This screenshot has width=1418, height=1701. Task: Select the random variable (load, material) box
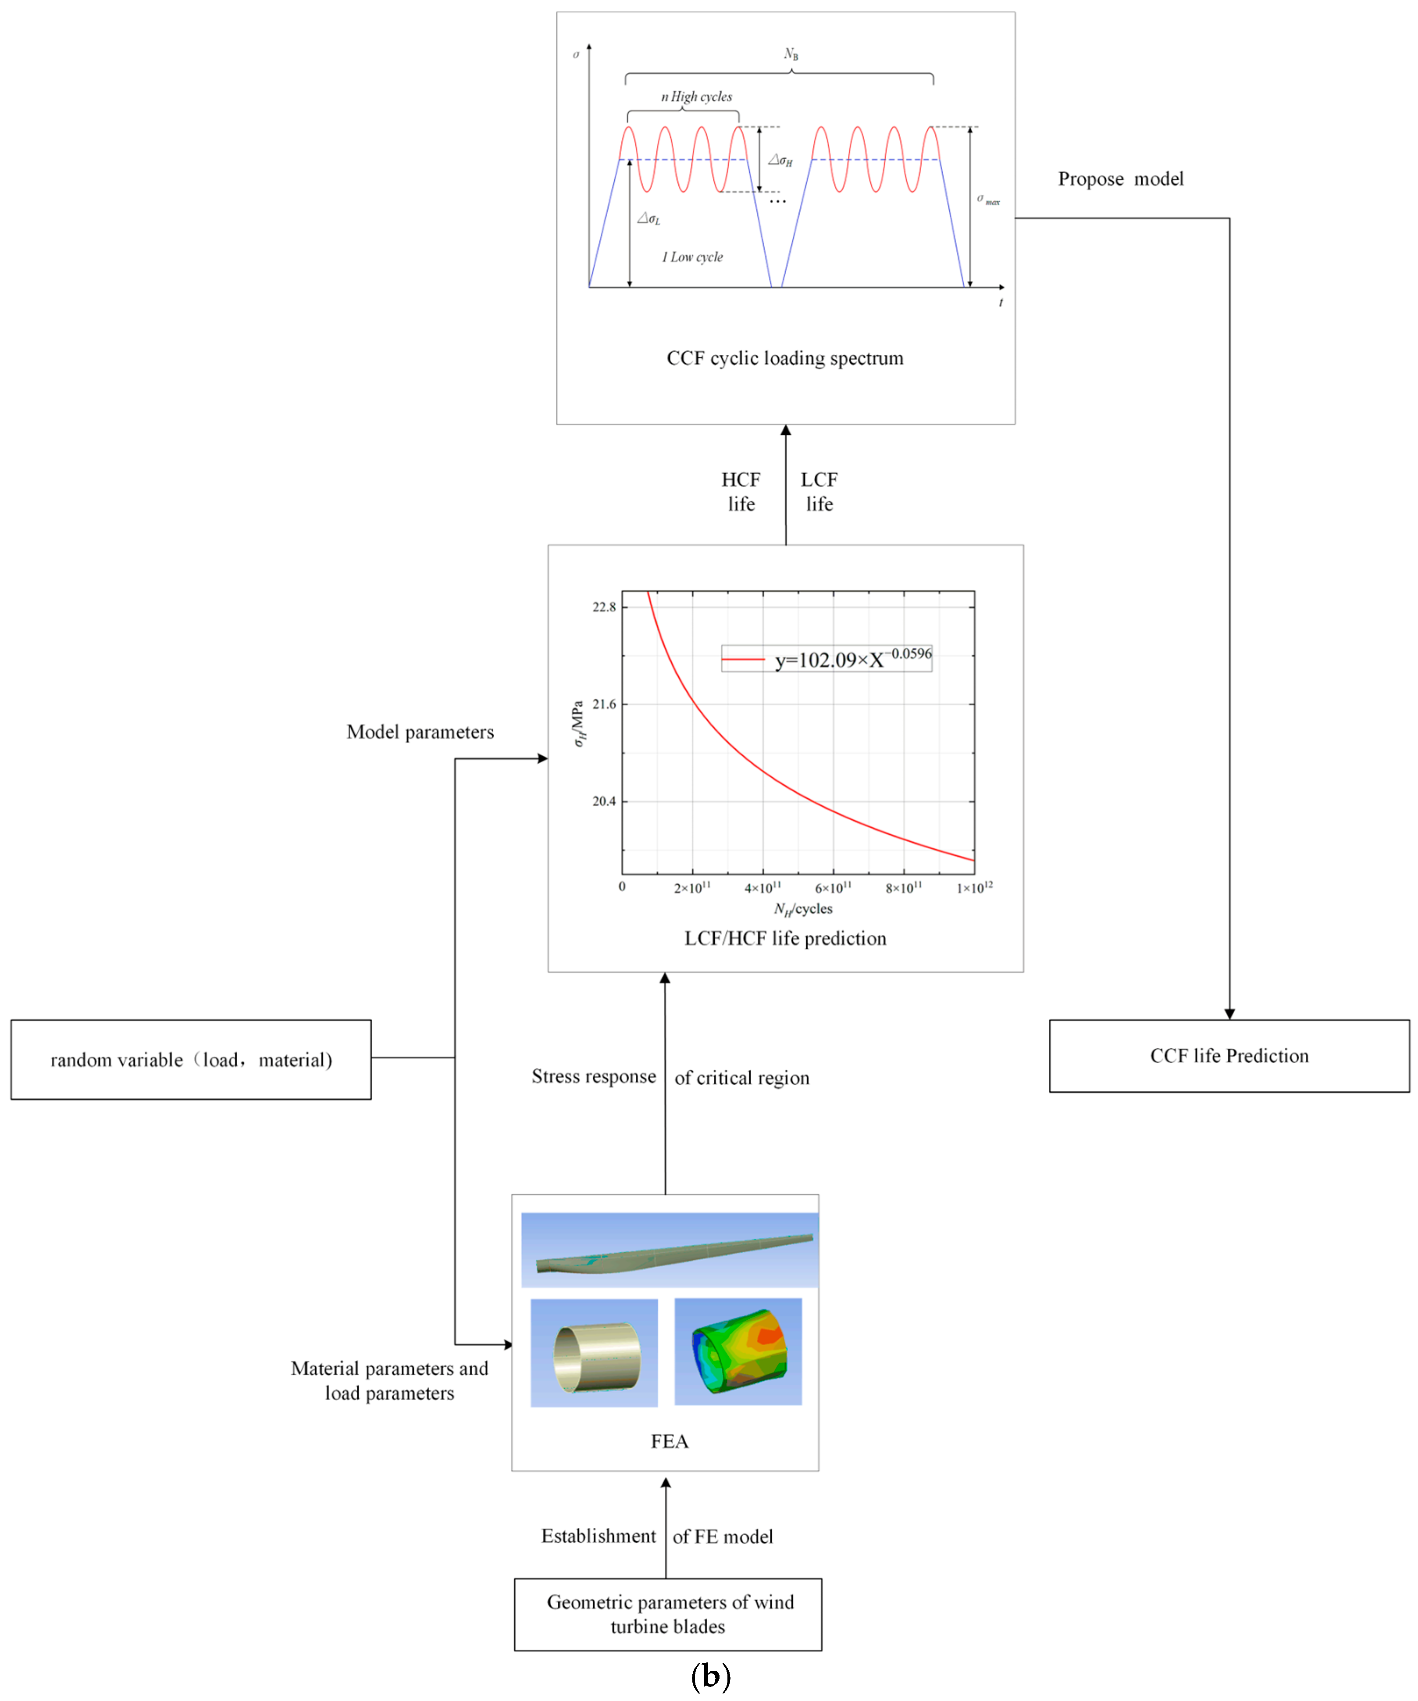point(191,1059)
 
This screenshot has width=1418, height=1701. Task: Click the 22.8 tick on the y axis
point(604,607)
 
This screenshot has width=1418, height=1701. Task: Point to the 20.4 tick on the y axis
point(604,801)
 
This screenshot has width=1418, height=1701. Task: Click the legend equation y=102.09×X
point(852,658)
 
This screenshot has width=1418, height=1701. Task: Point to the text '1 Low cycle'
point(692,257)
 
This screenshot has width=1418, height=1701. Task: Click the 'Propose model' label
point(1121,179)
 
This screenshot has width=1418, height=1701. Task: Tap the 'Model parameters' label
point(420,732)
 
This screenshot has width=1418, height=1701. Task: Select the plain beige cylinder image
point(595,1353)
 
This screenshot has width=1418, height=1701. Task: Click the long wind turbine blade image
point(670,1250)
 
